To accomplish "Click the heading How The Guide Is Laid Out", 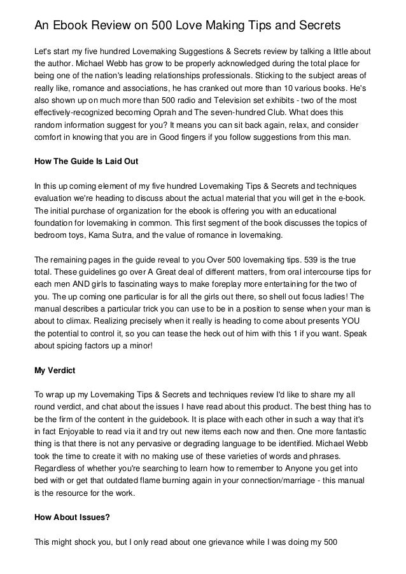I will click(85, 161).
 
